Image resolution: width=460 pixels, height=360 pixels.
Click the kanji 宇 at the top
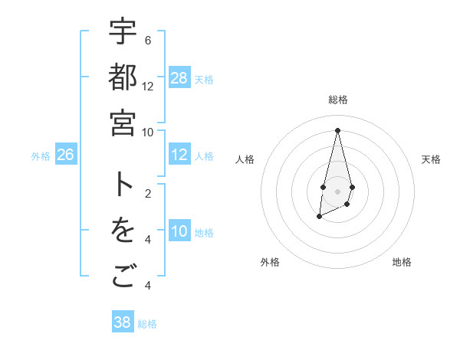123,31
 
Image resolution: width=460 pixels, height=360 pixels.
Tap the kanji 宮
123,123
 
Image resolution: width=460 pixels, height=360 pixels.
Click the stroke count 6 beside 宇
147,40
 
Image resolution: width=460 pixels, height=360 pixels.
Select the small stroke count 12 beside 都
148,86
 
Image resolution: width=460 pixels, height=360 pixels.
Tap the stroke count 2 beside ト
147,193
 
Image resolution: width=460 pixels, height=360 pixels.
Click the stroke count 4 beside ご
147,286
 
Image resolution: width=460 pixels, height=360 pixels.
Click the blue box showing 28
179,78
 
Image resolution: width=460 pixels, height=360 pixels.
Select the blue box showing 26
65,155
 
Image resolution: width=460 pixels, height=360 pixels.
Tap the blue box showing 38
123,322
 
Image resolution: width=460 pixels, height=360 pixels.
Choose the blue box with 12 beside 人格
179,155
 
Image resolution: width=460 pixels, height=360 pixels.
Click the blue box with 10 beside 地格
179,231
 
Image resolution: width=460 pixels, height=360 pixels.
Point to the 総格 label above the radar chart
338,100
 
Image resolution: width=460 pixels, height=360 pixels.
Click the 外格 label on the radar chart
270,262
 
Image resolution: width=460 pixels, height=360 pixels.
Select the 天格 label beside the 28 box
204,79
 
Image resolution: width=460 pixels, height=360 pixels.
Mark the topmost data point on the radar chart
337,129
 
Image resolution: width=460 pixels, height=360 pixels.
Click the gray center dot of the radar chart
337,190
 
